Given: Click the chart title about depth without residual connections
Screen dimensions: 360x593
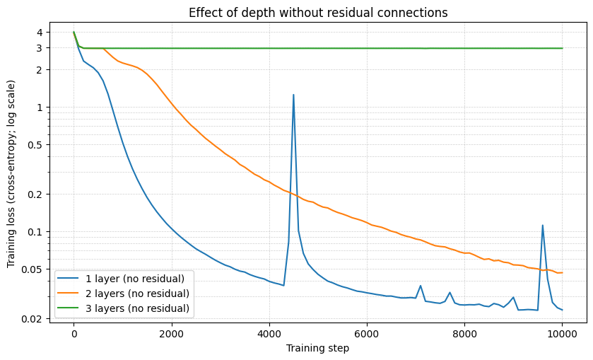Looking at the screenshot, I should tap(318, 13).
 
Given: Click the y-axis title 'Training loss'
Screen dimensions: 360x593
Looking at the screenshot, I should tap(11, 173).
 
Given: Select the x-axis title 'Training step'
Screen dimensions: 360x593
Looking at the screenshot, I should tap(317, 348).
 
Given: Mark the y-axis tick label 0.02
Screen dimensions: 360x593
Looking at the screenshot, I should tap(33, 319).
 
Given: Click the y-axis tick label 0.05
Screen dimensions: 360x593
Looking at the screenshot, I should tap(33, 269).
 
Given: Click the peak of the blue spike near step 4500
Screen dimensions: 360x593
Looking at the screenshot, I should tap(293, 95).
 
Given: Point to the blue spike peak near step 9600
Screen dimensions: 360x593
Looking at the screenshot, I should tap(543, 226).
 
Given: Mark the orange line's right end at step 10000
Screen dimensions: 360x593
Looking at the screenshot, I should tap(562, 272).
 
